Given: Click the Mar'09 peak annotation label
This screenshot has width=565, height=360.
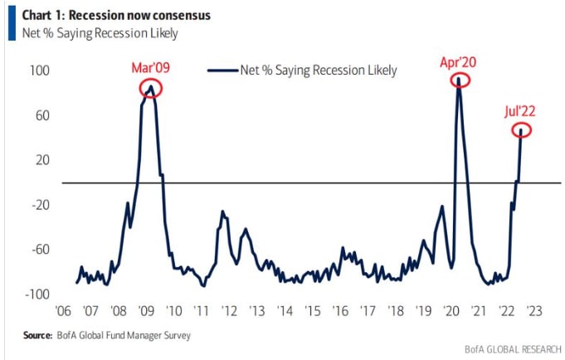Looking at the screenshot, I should tap(150, 67).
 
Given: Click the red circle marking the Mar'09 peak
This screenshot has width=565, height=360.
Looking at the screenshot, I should tap(150, 88).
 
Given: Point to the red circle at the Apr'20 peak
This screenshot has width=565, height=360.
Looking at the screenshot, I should tap(460, 80).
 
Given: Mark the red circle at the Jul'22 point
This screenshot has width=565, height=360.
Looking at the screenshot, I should tap(522, 130).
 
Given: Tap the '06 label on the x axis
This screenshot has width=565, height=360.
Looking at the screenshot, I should tap(62, 311).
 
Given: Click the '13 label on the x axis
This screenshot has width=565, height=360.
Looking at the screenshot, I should tap(257, 311).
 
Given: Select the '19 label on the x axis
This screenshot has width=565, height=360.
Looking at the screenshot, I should tap(423, 311).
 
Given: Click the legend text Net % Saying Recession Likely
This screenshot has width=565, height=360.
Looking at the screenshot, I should tap(318, 70).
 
